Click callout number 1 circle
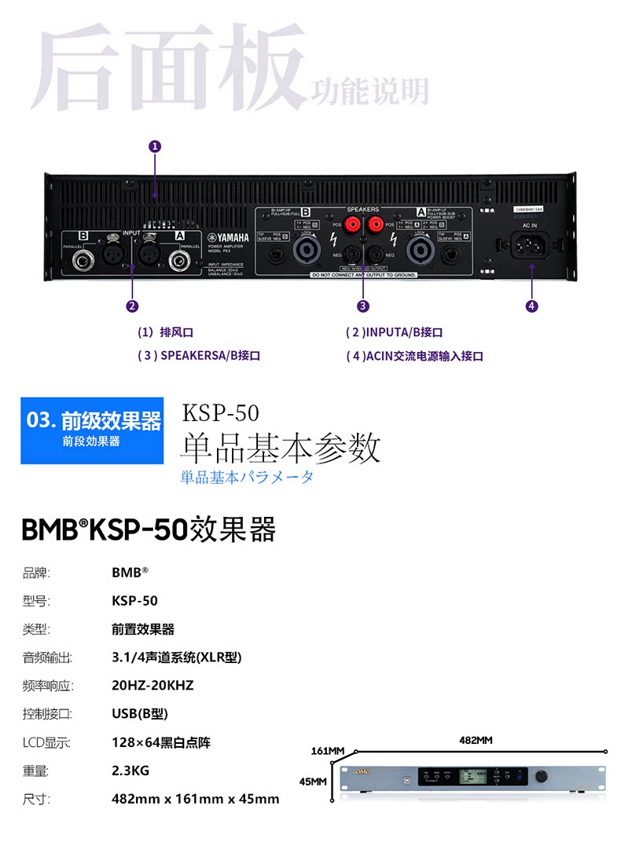155,145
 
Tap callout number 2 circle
132,306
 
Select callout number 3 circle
362,306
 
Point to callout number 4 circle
532,306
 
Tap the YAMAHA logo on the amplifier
227,239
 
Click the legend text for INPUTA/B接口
399,333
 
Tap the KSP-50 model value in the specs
134,601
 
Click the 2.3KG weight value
130,771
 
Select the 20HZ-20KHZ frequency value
152,686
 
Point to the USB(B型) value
140,714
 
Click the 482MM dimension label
476,740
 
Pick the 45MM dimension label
313,782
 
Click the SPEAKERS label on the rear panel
363,211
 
